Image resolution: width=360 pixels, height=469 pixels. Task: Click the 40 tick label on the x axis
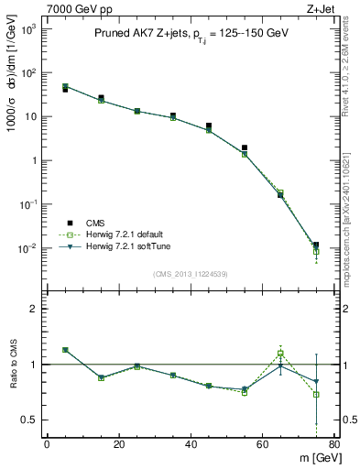[191, 444]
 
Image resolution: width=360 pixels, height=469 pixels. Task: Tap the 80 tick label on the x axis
[334, 444]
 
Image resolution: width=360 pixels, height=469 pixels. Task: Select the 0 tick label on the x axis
[47, 444]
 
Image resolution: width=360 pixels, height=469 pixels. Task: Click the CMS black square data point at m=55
[245, 147]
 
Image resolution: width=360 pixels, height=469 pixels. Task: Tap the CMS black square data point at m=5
[65, 90]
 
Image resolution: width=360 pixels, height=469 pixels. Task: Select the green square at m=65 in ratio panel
[280, 354]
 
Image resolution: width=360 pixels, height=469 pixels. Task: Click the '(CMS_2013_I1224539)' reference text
[190, 272]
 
